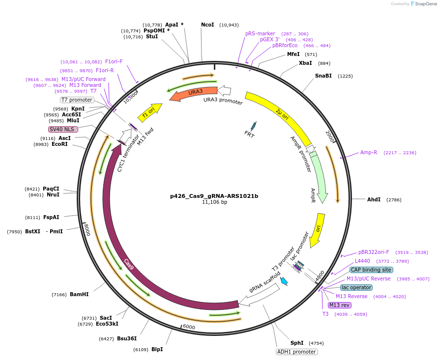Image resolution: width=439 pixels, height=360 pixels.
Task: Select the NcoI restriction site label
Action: tap(207, 25)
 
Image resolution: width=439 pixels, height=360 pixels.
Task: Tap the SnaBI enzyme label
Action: tap(323, 76)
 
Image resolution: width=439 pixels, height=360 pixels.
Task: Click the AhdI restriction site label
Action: tap(374, 199)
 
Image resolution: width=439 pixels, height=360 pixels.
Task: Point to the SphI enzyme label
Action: tap(297, 343)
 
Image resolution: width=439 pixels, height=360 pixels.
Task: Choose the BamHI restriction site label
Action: tap(79, 294)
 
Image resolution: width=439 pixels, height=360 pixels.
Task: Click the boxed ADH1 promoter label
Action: tap(297, 352)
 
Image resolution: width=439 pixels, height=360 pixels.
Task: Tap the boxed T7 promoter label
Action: tap(77, 100)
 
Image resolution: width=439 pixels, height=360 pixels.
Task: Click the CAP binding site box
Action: tap(371, 270)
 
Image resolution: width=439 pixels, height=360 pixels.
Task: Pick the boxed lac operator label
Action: tap(356, 287)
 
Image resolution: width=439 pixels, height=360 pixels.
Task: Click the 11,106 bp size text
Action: tap(214, 202)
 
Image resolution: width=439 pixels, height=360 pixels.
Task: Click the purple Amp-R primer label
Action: tap(369, 152)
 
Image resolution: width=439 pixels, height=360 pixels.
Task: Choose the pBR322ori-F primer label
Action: tap(374, 252)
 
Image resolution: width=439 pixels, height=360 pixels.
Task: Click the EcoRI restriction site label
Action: tap(59, 144)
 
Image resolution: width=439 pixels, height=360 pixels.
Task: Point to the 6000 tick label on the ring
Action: tap(189, 327)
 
